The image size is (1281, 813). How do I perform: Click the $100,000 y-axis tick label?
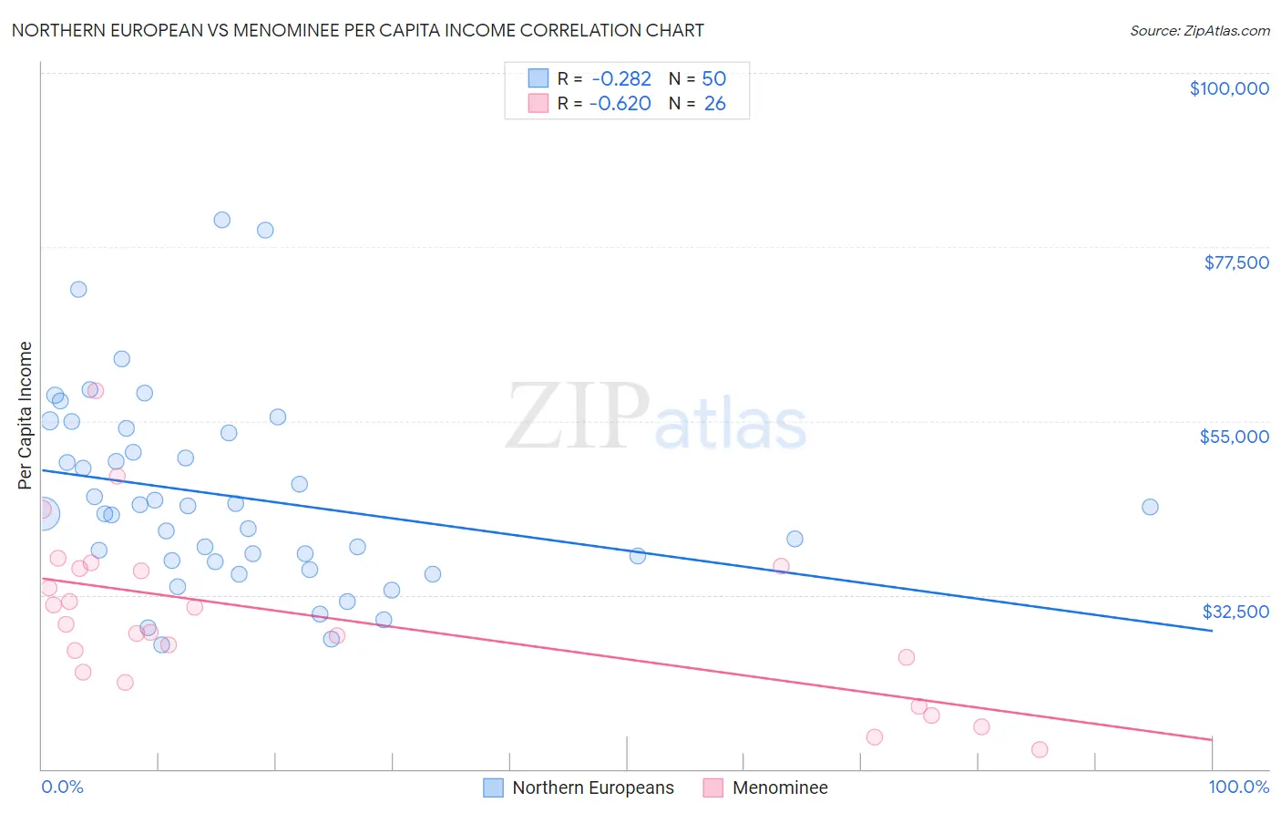pos(1228,88)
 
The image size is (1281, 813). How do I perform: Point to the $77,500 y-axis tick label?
pos(1235,262)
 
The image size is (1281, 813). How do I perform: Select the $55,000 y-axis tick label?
pos(1234,437)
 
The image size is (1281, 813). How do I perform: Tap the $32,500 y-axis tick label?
pos(1235,612)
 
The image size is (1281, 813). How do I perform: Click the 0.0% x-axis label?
pos(62,787)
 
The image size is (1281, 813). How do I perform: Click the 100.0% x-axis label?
pos(1238,787)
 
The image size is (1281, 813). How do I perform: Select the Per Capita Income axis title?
pos(26,415)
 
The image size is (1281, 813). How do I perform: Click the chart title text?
pos(357,30)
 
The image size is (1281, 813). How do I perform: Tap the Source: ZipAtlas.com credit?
pos(1199,30)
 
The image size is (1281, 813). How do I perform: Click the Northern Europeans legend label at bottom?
pos(592,787)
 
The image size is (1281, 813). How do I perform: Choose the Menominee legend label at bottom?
pos(779,787)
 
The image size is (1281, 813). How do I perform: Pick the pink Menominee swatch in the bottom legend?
pos(712,787)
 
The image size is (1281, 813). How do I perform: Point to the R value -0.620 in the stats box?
pos(620,104)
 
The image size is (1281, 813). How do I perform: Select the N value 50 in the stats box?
pos(713,79)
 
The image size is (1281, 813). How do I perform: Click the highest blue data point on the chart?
pos(221,220)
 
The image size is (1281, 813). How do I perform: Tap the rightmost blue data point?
pos(1150,507)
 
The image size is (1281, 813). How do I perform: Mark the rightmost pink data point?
pos(1040,749)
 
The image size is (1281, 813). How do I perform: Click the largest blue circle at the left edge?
pos(42,513)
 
